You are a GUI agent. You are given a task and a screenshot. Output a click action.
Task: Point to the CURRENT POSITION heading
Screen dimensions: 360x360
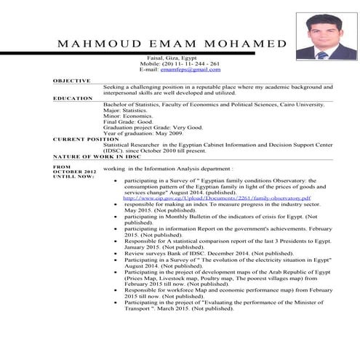click(81, 138)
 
